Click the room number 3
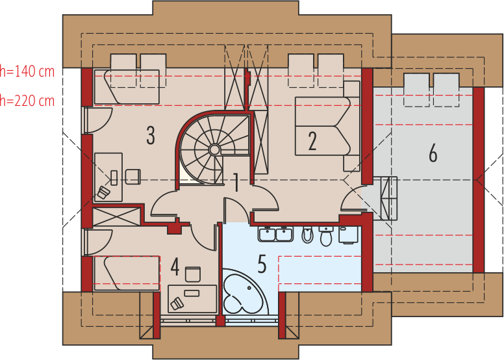(x=151, y=135)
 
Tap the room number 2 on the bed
(x=312, y=141)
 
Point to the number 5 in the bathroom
(x=262, y=264)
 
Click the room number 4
(x=175, y=266)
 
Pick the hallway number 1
(x=236, y=183)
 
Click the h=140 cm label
(x=27, y=71)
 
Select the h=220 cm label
(x=27, y=101)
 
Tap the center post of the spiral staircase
(x=214, y=149)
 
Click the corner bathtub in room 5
(x=244, y=292)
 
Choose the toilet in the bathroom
(x=326, y=236)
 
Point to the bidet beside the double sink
(x=307, y=235)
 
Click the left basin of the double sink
(x=267, y=234)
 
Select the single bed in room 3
(x=127, y=86)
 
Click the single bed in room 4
(x=127, y=274)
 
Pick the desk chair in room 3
(x=132, y=177)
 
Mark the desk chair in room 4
(x=193, y=274)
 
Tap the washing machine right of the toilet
(x=349, y=235)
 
